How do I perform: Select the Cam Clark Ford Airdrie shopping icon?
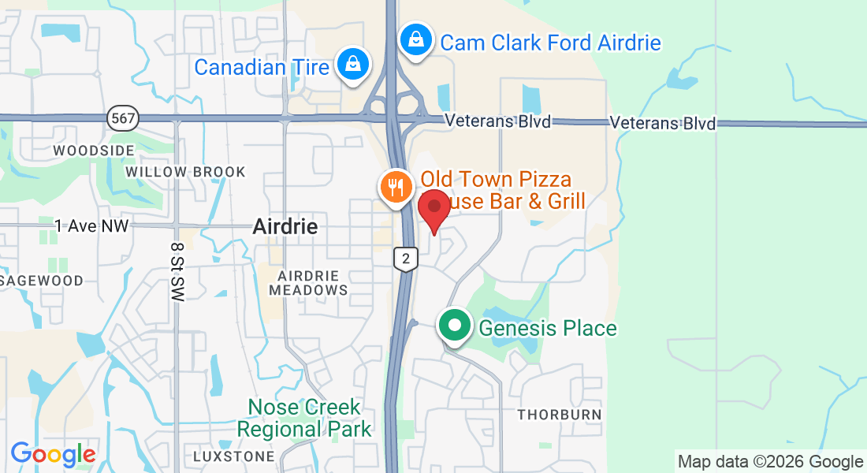pos(415,39)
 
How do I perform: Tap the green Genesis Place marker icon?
pos(455,326)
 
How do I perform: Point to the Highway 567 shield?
pos(124,119)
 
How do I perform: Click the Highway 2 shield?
pos(405,259)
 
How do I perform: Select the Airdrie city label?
pos(285,227)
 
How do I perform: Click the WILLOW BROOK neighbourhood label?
pos(185,172)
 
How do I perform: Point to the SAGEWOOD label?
pos(43,281)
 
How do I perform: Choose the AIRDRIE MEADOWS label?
pos(308,283)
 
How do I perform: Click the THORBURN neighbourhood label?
pos(559,415)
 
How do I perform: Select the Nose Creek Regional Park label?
pos(304,419)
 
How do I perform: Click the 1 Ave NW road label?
pos(91,226)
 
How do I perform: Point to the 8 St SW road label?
pos(177,270)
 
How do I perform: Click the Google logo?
pos(53,454)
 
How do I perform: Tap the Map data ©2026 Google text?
pos(770,462)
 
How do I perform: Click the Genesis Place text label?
pos(548,328)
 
